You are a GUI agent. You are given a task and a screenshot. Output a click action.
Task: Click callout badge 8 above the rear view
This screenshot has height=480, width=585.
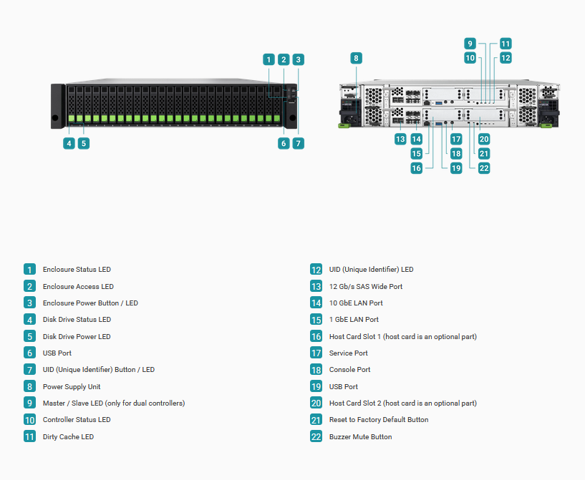click(356, 58)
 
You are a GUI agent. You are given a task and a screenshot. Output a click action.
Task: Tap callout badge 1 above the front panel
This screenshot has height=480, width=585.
click(269, 59)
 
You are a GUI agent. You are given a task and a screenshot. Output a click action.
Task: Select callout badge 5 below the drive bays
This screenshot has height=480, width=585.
click(84, 144)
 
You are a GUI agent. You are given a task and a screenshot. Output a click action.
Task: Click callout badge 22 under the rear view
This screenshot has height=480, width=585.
click(484, 168)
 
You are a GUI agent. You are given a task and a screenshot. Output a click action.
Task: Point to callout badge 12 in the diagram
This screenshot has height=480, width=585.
click(506, 58)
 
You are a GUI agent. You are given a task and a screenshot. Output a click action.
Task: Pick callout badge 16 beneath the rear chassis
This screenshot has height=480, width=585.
click(416, 168)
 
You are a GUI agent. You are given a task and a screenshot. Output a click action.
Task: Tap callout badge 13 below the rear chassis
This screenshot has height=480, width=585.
click(400, 139)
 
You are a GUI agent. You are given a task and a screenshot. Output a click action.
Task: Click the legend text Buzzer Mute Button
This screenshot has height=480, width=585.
click(360, 437)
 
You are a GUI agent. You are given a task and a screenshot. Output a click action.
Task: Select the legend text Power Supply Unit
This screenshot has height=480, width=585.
click(72, 387)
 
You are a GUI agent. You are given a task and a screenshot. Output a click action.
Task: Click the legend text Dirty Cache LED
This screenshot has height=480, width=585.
click(68, 437)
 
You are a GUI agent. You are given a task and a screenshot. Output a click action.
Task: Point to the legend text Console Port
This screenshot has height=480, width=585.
click(349, 370)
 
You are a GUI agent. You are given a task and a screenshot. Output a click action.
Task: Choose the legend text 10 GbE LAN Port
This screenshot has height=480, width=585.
click(356, 303)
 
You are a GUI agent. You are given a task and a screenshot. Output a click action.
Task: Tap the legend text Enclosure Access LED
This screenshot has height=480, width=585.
click(78, 287)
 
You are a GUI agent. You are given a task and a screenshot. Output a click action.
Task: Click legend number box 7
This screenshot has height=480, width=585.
click(29, 370)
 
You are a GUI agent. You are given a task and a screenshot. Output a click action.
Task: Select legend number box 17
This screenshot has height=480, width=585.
click(316, 353)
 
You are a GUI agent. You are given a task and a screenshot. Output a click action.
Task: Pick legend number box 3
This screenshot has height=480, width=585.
click(29, 303)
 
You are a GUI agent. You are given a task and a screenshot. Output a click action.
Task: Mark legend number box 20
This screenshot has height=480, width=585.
click(316, 403)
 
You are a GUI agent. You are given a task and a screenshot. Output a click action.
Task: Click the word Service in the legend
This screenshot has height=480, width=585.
click(340, 353)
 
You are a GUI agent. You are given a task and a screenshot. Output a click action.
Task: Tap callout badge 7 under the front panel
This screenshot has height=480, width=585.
click(298, 144)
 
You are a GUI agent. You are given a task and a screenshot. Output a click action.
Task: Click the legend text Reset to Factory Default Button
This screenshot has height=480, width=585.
click(379, 420)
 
